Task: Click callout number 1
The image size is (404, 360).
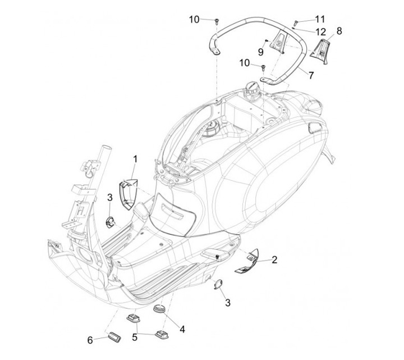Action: pos(135,159)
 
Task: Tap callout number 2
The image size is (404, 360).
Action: pos(274,259)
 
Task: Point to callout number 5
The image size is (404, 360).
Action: pos(135,338)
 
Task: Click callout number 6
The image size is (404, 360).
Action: pos(90,340)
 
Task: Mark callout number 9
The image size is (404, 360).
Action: pos(260,52)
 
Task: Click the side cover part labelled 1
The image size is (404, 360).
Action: pos(128,191)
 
